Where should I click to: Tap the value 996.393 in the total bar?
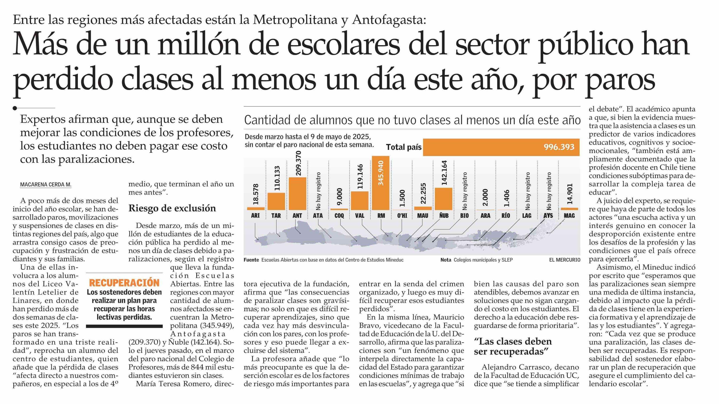tap(559, 147)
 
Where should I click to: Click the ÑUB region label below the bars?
tap(444, 216)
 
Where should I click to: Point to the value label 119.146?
tap(360, 176)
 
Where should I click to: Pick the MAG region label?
tap(569, 216)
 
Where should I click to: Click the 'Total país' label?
tap(404, 147)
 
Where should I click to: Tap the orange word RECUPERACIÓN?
tap(124, 283)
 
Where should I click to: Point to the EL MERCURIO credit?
tap(565, 260)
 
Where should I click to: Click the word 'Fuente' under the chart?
tap(251, 260)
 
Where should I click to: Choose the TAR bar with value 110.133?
tap(276, 201)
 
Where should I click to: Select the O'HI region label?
tap(402, 216)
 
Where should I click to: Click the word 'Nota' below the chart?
tap(446, 260)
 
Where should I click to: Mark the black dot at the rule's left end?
tap(15, 108)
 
